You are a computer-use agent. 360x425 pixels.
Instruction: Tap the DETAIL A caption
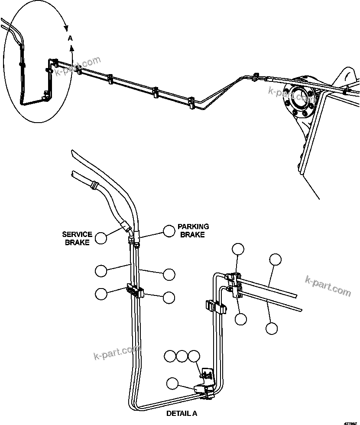182,413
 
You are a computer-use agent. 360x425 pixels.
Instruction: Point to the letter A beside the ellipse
70,39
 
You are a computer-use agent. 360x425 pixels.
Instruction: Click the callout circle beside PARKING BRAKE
169,231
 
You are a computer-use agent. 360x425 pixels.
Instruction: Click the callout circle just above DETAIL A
172,383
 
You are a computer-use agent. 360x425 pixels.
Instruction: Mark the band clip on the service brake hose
92,186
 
